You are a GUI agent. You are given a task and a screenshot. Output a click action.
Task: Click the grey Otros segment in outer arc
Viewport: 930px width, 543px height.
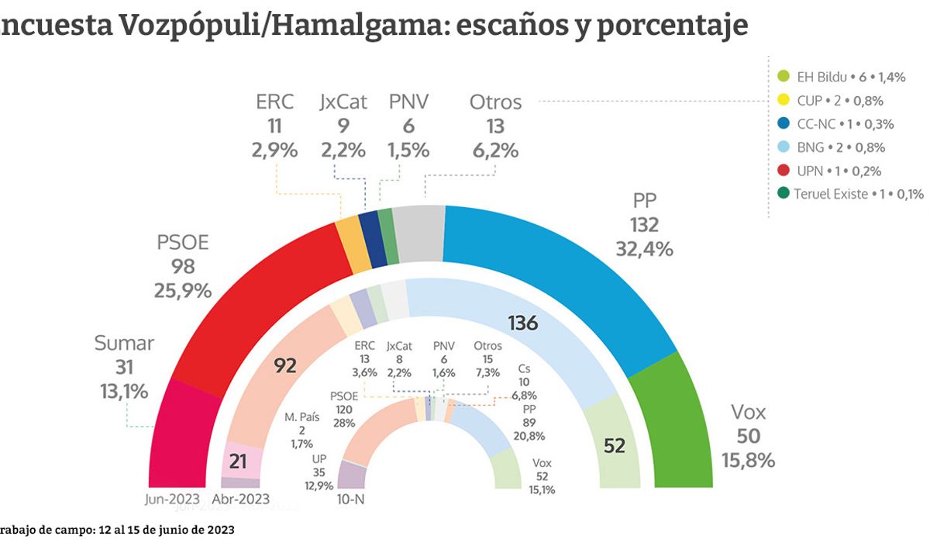[x=419, y=233]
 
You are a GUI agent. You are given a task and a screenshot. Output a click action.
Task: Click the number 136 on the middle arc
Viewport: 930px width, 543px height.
[x=523, y=323]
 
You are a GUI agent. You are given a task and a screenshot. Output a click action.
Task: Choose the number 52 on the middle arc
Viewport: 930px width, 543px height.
[x=613, y=446]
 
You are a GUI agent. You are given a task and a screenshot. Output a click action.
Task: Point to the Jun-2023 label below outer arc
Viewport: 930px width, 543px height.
[x=173, y=499]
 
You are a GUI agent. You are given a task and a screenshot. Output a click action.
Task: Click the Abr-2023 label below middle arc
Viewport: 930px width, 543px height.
[x=240, y=499]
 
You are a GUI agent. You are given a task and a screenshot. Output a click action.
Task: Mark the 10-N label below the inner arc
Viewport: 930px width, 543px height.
[x=350, y=499]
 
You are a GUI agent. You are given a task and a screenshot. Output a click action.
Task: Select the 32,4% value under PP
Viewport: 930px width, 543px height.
[x=644, y=249]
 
